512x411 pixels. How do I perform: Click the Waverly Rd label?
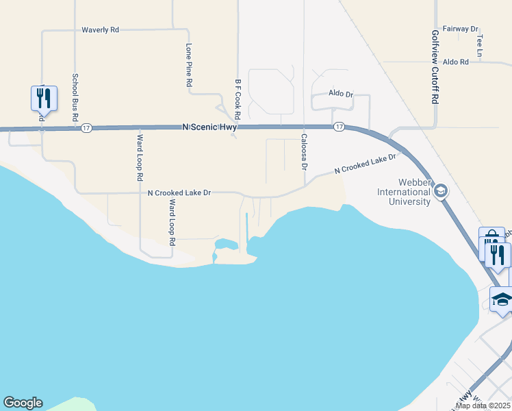100,30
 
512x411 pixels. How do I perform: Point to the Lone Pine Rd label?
189,65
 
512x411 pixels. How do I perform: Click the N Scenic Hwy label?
209,127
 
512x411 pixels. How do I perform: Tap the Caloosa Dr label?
304,152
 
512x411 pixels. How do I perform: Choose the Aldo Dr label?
340,93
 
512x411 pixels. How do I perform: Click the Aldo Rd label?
455,62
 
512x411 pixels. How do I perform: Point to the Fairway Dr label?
460,29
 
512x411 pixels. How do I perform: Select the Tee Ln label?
480,45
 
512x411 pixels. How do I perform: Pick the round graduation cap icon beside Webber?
441,191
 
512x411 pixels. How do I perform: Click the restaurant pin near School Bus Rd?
44,98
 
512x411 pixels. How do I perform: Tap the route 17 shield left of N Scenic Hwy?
86,128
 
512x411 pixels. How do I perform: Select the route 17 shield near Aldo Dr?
339,127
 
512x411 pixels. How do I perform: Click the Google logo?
23,403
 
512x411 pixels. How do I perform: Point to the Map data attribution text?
483,406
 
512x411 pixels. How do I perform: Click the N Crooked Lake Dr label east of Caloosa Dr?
366,164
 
